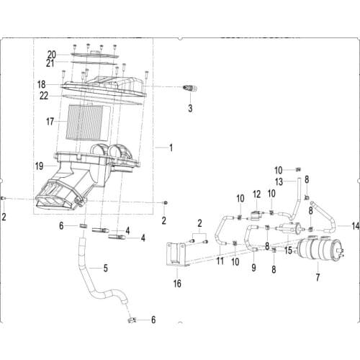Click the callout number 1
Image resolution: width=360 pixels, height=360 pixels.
171,148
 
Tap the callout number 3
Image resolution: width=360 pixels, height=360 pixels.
190,109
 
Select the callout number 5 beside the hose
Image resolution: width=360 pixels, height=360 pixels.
106,269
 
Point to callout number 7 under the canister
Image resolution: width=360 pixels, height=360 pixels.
318,277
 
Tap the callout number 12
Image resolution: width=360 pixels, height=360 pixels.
256,195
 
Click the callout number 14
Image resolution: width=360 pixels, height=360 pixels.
354,226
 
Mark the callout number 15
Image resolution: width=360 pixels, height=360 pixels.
288,251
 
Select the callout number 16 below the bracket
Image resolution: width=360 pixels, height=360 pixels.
177,284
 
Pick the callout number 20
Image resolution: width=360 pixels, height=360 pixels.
52,54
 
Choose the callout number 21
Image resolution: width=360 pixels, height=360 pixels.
51,63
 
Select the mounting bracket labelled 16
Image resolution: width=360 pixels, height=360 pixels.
177,258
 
